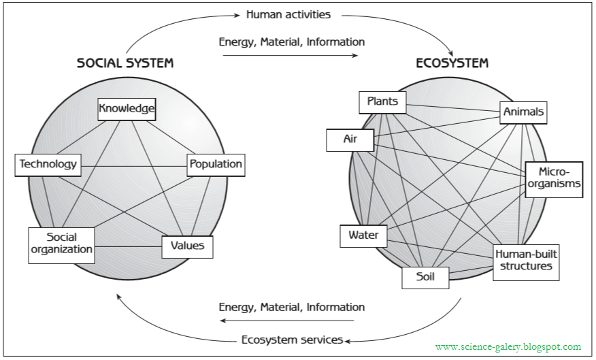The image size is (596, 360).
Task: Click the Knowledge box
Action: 127,108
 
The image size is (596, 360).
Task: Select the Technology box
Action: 48,164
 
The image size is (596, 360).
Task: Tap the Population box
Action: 215,164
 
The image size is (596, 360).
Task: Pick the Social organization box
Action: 61,244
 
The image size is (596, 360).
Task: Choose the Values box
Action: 187,246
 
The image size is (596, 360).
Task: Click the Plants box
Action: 382,102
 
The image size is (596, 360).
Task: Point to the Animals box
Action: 523,112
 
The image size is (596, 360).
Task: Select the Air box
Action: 350,140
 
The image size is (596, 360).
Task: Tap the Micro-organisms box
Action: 554,178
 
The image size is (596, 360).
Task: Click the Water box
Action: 363,236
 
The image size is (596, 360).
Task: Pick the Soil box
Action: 425,276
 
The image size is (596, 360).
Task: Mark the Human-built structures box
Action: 525,261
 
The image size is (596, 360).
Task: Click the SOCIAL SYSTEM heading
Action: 125,63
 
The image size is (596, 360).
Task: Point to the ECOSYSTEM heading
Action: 452,63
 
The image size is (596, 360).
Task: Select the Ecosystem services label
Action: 292,340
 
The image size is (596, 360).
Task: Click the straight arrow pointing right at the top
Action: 291,56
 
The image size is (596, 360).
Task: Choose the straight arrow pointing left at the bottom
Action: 291,321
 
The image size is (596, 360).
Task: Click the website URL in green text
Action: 508,346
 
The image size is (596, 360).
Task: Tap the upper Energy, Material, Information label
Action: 291,42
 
